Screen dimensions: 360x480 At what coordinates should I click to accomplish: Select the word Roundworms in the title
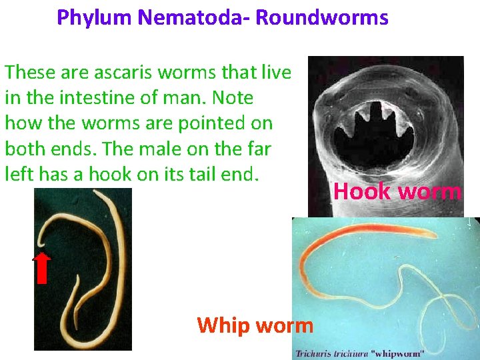coord(321,17)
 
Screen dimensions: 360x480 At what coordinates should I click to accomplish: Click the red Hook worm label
coord(397,192)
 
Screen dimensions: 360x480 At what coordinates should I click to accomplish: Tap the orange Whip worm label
coord(255,325)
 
